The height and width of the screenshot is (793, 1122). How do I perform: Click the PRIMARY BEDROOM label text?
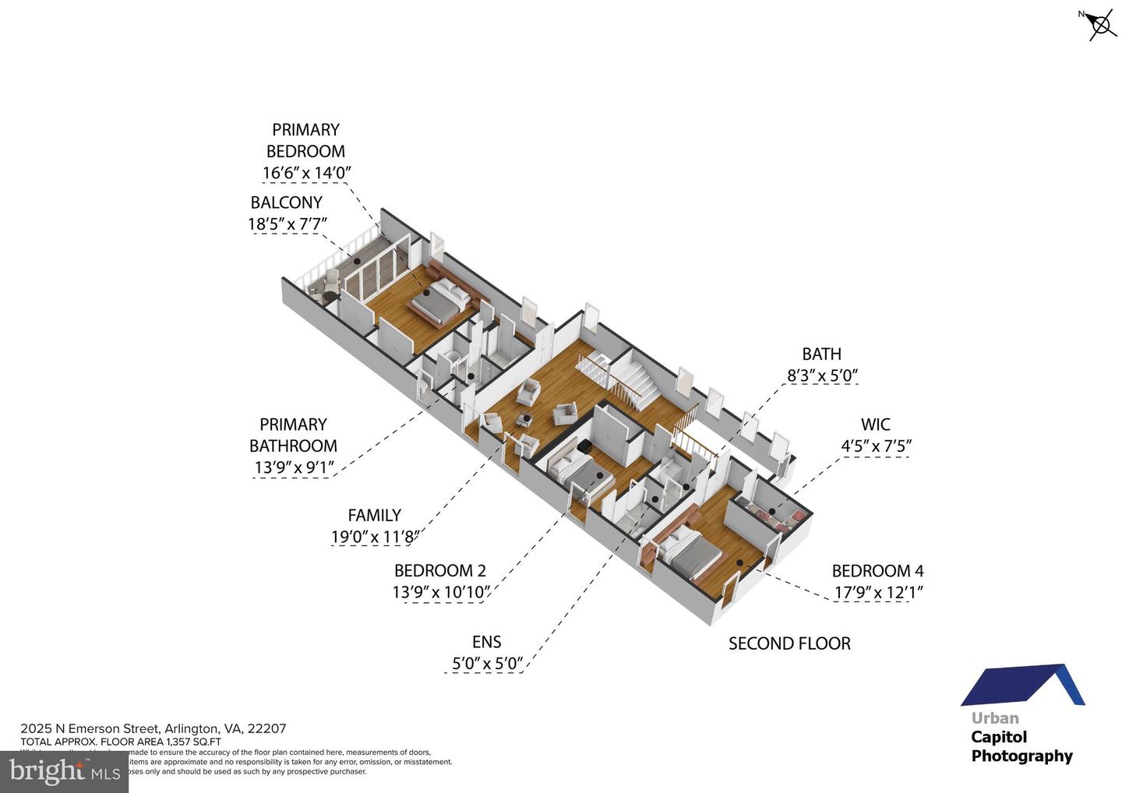[305, 140]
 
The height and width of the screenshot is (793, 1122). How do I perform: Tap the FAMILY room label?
[374, 515]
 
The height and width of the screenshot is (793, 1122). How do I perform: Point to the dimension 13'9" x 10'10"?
[441, 593]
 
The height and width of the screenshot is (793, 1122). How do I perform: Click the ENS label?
[486, 642]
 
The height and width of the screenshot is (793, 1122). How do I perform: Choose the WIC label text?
[875, 425]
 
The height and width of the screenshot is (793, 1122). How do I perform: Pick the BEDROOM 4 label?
[877, 571]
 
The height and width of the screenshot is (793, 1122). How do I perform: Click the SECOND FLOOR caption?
[789, 643]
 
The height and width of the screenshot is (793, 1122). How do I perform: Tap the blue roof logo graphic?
[1022, 685]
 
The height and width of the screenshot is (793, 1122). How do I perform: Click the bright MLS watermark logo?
[64, 771]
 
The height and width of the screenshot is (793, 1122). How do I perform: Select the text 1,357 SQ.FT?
[192, 742]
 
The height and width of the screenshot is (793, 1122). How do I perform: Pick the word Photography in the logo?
[1021, 756]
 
